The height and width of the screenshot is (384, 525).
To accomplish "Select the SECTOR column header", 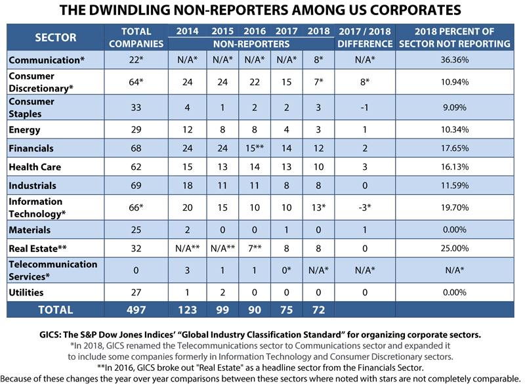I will (x=56, y=37).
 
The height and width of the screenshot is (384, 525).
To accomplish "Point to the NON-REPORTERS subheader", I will (x=251, y=44).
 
